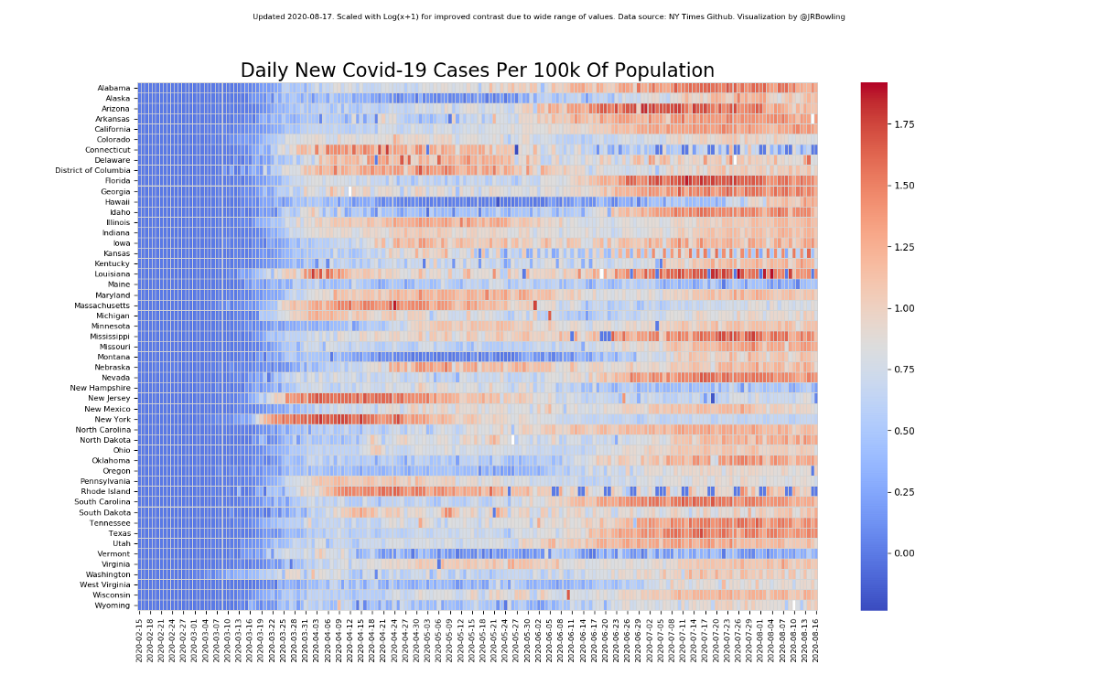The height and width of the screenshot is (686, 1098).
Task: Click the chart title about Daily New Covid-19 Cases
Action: (477, 71)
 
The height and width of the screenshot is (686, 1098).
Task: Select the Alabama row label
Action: (113, 88)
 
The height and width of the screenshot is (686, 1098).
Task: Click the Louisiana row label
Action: (112, 274)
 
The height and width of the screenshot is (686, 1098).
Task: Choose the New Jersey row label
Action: (109, 399)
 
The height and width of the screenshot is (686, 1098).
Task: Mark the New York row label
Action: (112, 420)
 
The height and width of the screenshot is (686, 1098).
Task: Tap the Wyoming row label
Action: (113, 606)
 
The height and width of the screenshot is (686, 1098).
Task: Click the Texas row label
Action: (119, 533)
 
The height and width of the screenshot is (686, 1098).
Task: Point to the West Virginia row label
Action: (104, 584)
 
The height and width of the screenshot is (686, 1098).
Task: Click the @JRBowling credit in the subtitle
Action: (821, 16)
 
